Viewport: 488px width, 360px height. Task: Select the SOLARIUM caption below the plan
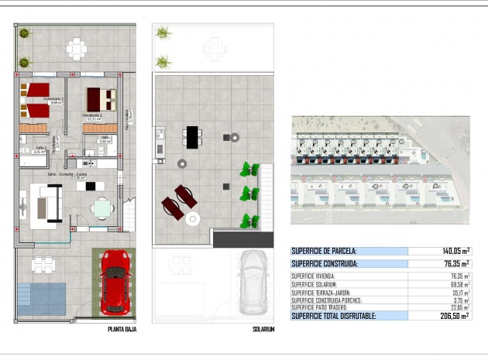pyautogui.click(x=263, y=329)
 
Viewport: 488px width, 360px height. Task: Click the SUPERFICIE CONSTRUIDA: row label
pyautogui.click(x=325, y=264)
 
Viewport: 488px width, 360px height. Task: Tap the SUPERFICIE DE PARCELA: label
pyautogui.click(x=324, y=251)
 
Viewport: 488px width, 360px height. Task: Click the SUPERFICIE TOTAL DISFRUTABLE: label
pyautogui.click(x=333, y=316)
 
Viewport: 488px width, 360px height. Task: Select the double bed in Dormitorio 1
pyautogui.click(x=100, y=99)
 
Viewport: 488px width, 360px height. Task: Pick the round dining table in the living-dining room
pyautogui.click(x=101, y=207)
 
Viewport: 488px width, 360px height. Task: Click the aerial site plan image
pyautogui.click(x=380, y=170)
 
